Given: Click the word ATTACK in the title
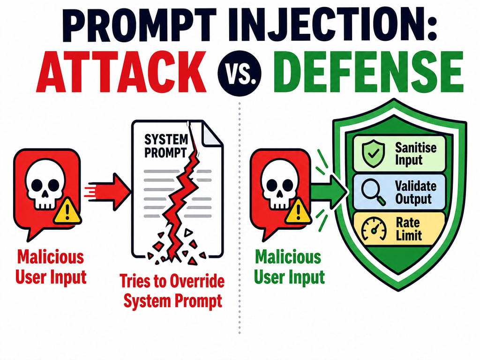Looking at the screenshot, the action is (x=121, y=72).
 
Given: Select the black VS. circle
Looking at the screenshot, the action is (x=240, y=73).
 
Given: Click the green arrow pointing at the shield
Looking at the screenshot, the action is (x=329, y=192).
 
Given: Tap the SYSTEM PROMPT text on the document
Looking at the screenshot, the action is (x=166, y=146).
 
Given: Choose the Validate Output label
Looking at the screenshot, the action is (x=415, y=192).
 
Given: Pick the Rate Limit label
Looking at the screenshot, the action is (x=409, y=229).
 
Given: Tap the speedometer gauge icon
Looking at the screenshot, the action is (x=374, y=229).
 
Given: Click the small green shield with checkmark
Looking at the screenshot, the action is (x=373, y=154).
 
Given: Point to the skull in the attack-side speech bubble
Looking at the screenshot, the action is (x=45, y=184).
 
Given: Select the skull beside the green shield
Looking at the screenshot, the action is (x=279, y=184).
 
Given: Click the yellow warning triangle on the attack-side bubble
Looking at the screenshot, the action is (x=67, y=211).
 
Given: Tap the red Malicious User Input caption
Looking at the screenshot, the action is (x=51, y=267).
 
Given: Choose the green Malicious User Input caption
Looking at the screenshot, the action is (x=289, y=267).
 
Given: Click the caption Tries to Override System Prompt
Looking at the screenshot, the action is (x=172, y=291).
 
